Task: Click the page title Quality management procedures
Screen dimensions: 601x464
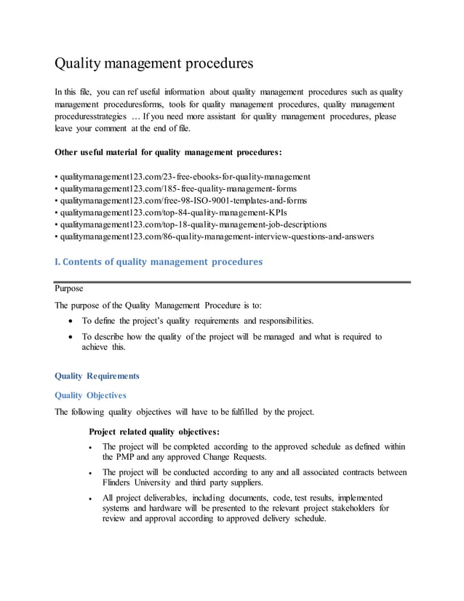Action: click(x=154, y=63)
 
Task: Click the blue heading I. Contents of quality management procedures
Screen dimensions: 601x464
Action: click(x=159, y=262)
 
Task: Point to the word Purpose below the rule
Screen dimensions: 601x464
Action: click(x=69, y=289)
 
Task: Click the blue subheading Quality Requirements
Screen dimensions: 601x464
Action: click(x=97, y=376)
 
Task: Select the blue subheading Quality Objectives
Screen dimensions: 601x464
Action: click(x=91, y=395)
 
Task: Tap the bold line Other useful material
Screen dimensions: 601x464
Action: click(x=169, y=153)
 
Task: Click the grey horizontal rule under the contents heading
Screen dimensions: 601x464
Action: click(x=233, y=281)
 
